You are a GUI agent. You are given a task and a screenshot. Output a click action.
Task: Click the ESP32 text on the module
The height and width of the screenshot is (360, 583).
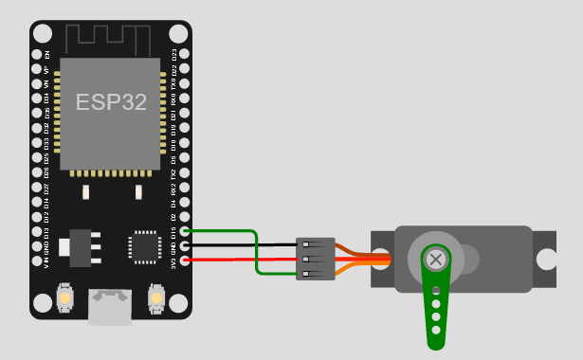click(x=112, y=102)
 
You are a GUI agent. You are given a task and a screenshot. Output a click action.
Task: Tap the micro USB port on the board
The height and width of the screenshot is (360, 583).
click(x=109, y=305)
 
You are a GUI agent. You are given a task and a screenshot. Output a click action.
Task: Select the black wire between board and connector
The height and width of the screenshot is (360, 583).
click(x=242, y=244)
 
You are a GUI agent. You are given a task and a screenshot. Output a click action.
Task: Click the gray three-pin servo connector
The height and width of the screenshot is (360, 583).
click(x=316, y=259)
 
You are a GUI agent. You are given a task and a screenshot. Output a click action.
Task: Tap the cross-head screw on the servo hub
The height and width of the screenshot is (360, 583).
click(x=436, y=258)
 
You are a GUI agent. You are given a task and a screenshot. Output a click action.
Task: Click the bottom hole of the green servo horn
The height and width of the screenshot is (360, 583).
click(x=436, y=331)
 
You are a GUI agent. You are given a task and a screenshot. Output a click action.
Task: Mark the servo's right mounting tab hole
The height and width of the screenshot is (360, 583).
click(x=548, y=259)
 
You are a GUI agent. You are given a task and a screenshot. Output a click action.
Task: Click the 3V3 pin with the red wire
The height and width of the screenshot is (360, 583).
click(x=185, y=260)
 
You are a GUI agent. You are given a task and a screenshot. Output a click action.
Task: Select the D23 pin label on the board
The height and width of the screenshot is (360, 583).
click(x=173, y=54)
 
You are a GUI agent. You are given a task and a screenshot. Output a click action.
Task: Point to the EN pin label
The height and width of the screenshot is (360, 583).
click(x=46, y=54)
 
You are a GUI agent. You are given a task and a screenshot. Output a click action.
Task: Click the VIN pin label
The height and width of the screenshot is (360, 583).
click(x=46, y=261)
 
